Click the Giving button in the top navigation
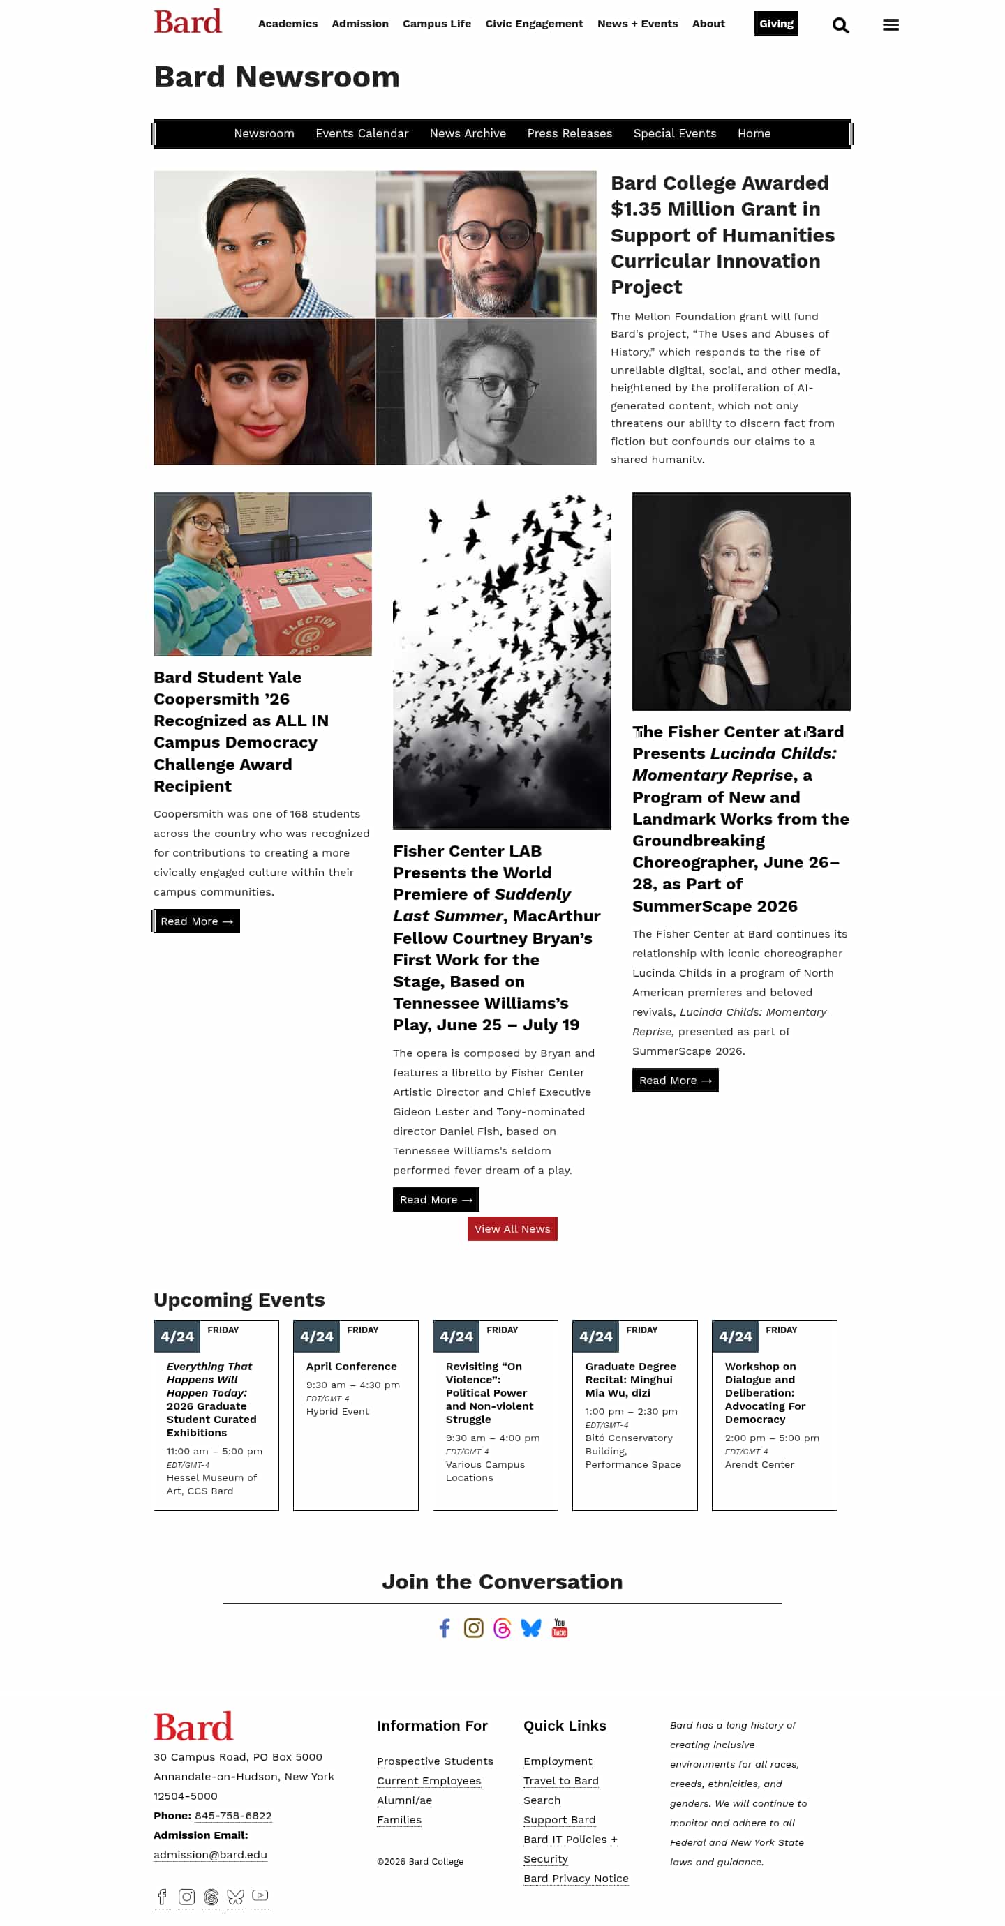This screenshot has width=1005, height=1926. (x=775, y=24)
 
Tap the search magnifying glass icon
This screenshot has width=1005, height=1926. (x=840, y=25)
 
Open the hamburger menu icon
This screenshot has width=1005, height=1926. (x=890, y=24)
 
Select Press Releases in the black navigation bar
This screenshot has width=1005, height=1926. (x=569, y=133)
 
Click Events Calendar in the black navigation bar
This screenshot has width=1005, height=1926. (x=362, y=133)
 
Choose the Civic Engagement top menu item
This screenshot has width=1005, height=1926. (x=533, y=24)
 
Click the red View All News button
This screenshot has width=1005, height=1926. (x=512, y=1228)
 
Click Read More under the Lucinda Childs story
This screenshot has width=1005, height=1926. (x=674, y=1081)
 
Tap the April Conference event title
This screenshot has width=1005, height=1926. (x=350, y=1366)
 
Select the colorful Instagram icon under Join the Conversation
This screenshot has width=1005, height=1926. (x=473, y=1628)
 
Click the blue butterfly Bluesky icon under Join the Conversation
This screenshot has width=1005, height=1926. (x=531, y=1628)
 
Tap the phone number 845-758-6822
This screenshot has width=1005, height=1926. (x=232, y=1815)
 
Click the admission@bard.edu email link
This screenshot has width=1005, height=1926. (x=210, y=1854)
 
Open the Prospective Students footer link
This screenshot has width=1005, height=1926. (x=434, y=1761)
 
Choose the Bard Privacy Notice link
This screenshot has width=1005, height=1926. (x=575, y=1878)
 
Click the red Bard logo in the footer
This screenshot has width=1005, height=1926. (x=193, y=1727)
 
